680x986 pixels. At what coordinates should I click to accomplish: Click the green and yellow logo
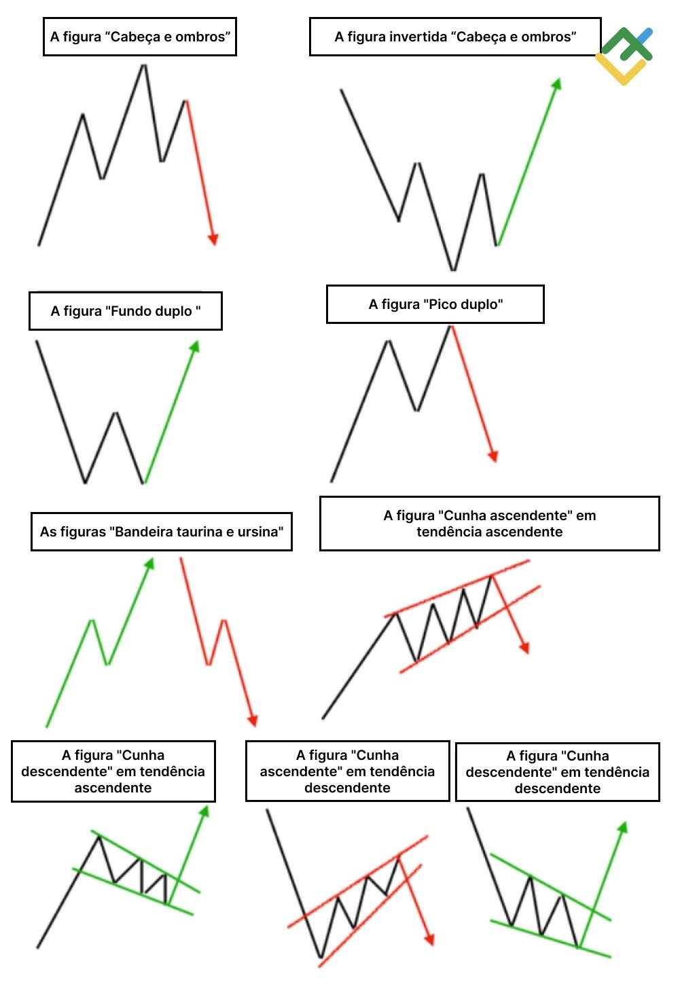624,56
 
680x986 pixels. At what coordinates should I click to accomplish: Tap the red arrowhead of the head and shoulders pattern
213,239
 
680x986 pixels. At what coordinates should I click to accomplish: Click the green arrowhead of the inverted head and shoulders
557,84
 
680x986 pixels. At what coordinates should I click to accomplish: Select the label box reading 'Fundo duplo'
126,311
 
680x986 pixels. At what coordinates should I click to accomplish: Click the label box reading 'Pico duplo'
435,304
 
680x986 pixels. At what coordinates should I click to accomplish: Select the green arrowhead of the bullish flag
150,564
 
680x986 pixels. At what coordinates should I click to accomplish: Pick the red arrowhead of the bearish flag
253,720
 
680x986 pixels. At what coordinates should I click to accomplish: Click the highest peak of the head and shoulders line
143,66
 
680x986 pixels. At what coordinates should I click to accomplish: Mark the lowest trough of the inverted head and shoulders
454,269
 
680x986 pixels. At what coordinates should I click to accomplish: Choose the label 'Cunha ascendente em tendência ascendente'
489,524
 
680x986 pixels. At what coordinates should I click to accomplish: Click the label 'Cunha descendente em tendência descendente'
557,771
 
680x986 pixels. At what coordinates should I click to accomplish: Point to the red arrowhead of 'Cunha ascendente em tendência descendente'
430,938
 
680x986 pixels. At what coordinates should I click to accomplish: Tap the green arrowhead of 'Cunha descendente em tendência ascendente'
204,811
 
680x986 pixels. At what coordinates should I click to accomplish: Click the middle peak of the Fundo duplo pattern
115,413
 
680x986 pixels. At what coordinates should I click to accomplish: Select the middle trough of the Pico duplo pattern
417,409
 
